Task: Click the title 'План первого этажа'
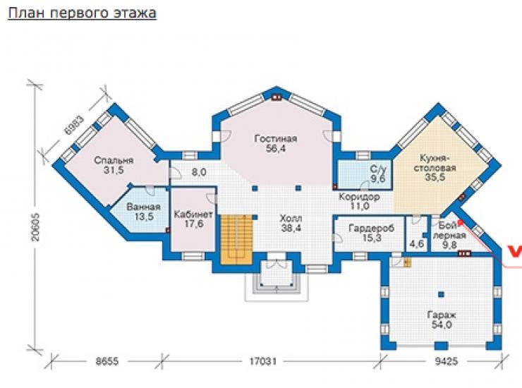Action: click(x=82, y=13)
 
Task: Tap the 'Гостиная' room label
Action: click(x=276, y=138)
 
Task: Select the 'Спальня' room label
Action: click(x=114, y=160)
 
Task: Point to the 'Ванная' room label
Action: click(x=143, y=207)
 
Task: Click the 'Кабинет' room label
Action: click(x=193, y=214)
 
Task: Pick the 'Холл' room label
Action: click(x=291, y=219)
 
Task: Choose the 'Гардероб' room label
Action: click(x=372, y=228)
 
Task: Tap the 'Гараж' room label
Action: click(x=442, y=315)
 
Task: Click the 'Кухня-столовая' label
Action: click(x=435, y=162)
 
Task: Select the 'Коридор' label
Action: click(x=359, y=197)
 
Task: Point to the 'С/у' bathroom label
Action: click(x=378, y=169)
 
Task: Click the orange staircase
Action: click(x=237, y=239)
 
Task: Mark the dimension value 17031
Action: click(x=263, y=361)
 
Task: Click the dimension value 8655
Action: click(x=107, y=361)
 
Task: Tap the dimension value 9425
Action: click(x=446, y=361)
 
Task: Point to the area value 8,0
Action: click(x=199, y=172)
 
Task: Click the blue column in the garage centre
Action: click(x=441, y=294)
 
